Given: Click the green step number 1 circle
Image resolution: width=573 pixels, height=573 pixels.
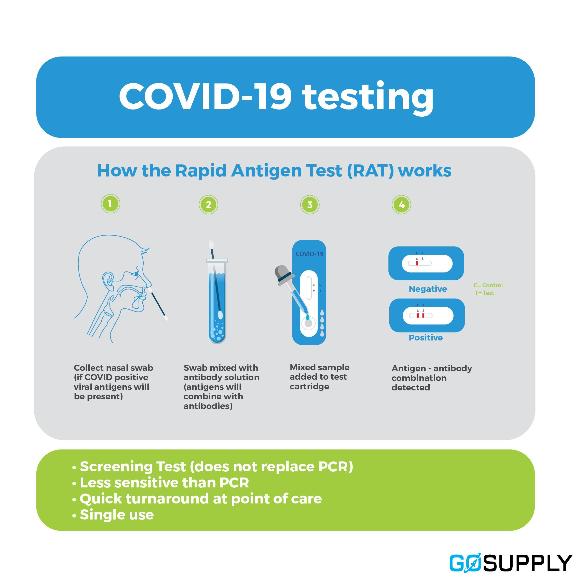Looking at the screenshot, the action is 110,204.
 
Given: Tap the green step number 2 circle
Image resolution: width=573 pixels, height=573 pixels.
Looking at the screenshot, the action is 209,205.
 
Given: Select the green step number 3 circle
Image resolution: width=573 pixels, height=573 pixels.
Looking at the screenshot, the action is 310,205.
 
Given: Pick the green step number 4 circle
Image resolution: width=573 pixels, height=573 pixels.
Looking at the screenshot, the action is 402,205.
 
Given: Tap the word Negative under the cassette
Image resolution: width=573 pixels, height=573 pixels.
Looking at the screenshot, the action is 428,289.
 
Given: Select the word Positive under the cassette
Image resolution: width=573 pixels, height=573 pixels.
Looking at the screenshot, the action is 426,337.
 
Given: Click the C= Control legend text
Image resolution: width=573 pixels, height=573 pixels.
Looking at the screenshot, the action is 488,285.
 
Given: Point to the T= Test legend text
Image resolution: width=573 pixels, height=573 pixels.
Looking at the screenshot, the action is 485,293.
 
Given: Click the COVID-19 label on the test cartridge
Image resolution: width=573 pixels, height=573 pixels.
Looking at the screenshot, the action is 310,254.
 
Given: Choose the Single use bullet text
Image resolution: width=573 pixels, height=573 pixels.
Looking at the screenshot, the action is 117,515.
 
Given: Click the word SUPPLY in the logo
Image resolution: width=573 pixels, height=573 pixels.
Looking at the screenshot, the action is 526,562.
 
